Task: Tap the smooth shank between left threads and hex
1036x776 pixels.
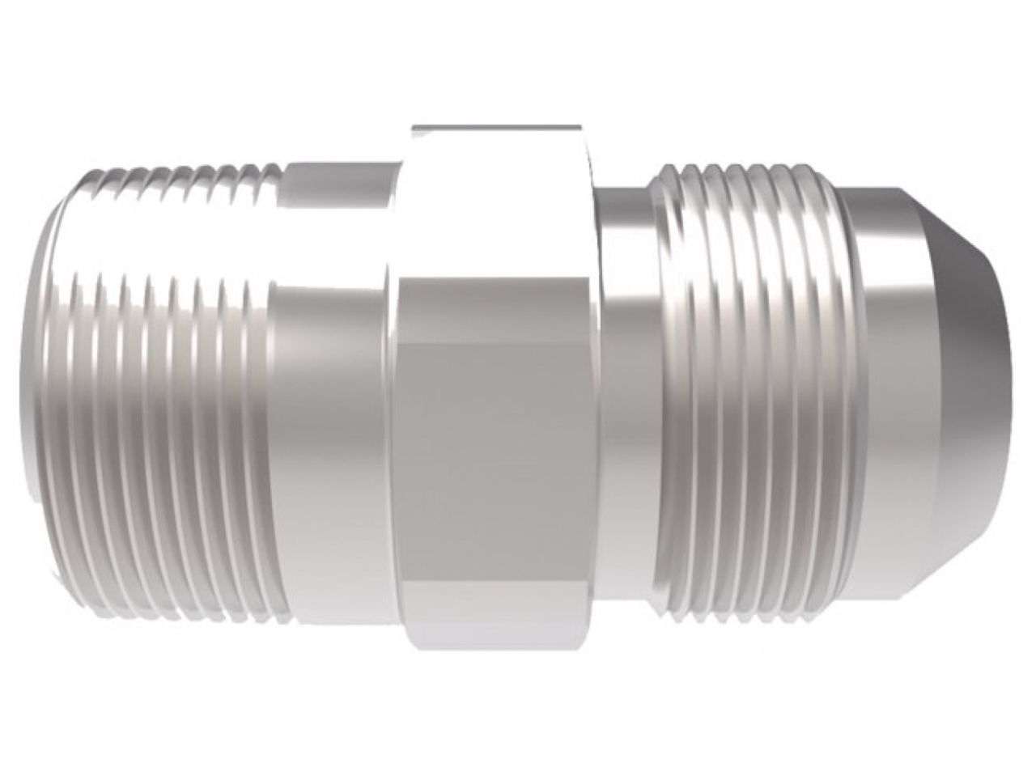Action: point(332,388)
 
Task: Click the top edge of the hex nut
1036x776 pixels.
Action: point(495,127)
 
